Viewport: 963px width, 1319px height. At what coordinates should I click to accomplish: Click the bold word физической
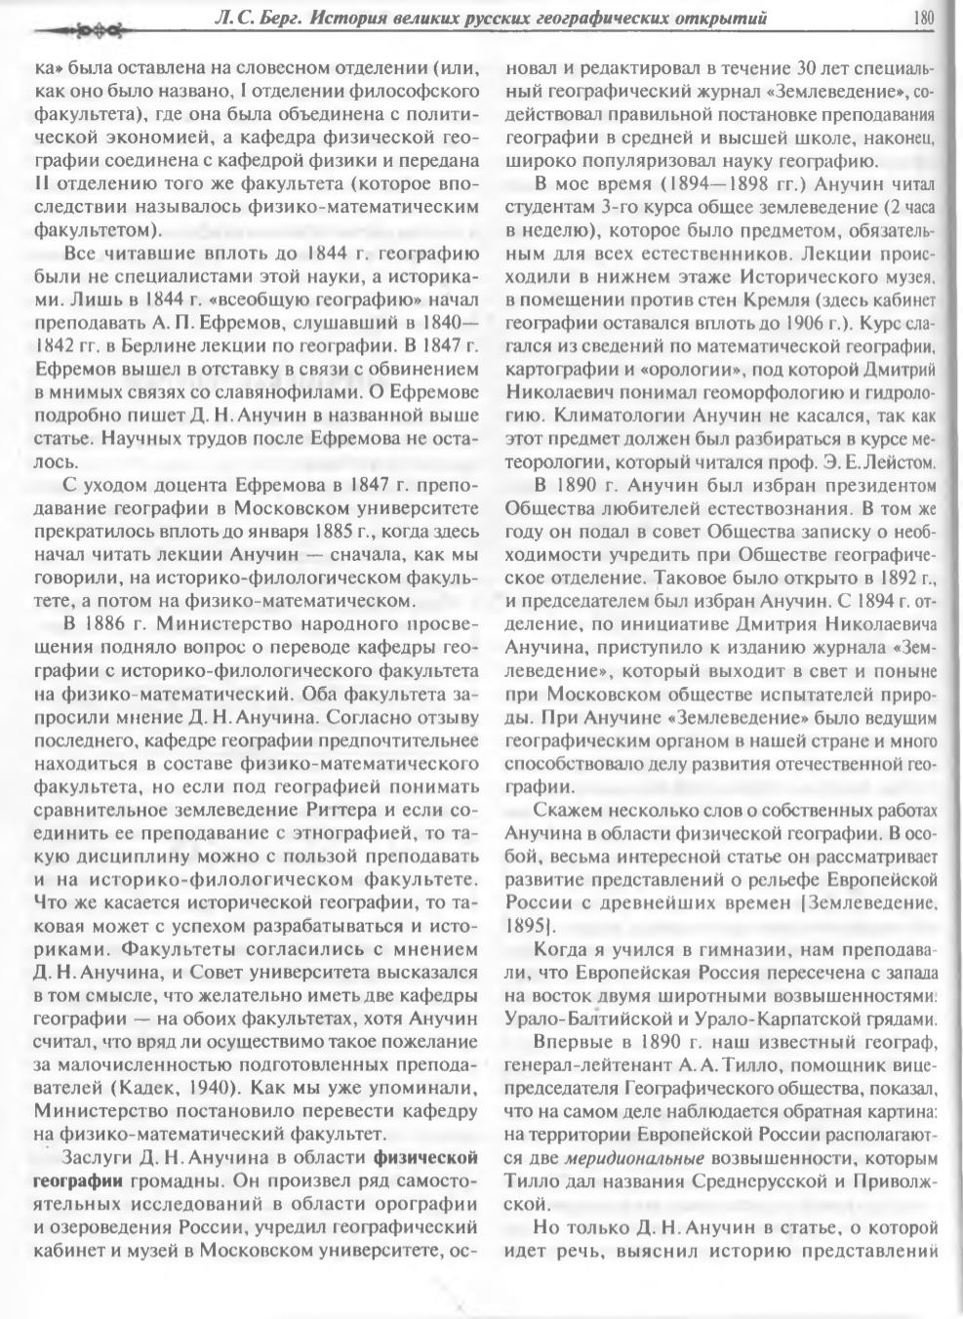[424, 1159]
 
